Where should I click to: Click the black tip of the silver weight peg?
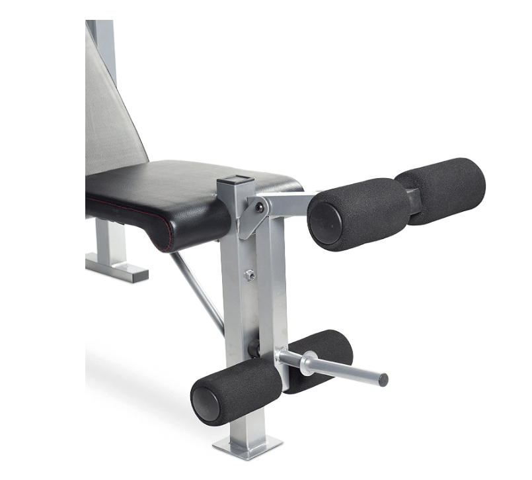point(383,380)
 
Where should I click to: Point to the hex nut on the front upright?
point(249,275)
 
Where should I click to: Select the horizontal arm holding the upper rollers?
point(291,202)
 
